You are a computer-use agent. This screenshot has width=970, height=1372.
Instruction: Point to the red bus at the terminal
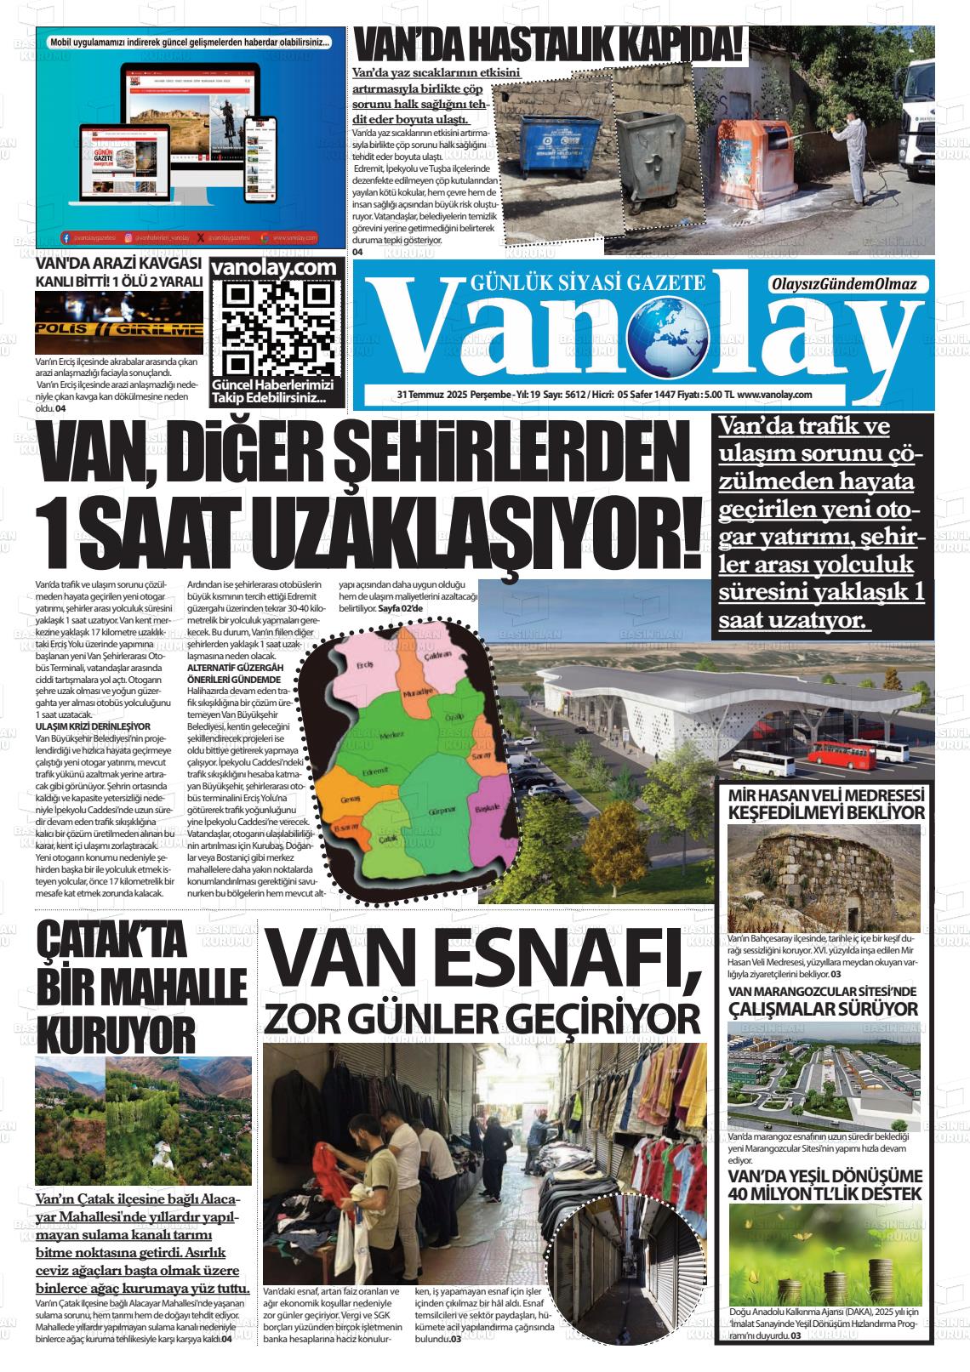828,753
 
